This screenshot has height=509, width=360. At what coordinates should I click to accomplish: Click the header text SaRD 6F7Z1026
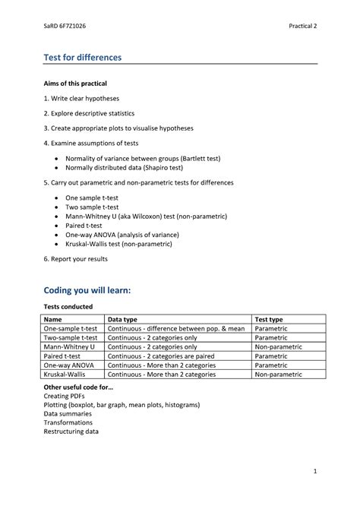pyautogui.click(x=66, y=27)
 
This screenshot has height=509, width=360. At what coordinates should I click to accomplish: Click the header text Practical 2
pyautogui.click(x=302, y=27)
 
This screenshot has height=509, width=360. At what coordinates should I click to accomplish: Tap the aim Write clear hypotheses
pyautogui.click(x=81, y=98)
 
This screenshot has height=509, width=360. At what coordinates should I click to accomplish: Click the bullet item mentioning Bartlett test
pyautogui.click(x=143, y=158)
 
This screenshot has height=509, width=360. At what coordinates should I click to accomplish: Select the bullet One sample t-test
pyautogui.click(x=92, y=198)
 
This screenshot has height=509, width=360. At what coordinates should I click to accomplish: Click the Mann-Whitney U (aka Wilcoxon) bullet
pyautogui.click(x=146, y=216)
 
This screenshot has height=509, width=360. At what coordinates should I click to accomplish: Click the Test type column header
pyautogui.click(x=269, y=320)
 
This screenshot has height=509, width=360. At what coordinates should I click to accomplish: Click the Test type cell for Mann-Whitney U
pyautogui.click(x=278, y=347)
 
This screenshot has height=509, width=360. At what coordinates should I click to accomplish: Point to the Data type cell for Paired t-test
pyautogui.click(x=161, y=356)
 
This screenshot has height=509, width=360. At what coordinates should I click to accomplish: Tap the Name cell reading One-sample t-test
pyautogui.click(x=71, y=329)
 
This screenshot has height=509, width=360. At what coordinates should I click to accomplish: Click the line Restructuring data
pyautogui.click(x=71, y=432)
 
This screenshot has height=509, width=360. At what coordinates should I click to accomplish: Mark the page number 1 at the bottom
pyautogui.click(x=314, y=472)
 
